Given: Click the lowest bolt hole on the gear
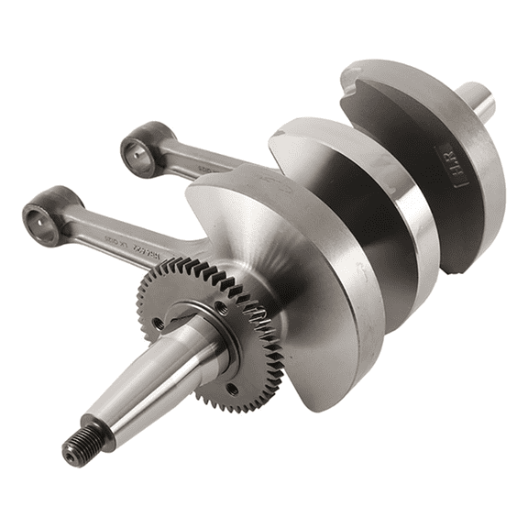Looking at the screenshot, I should click(x=232, y=390).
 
